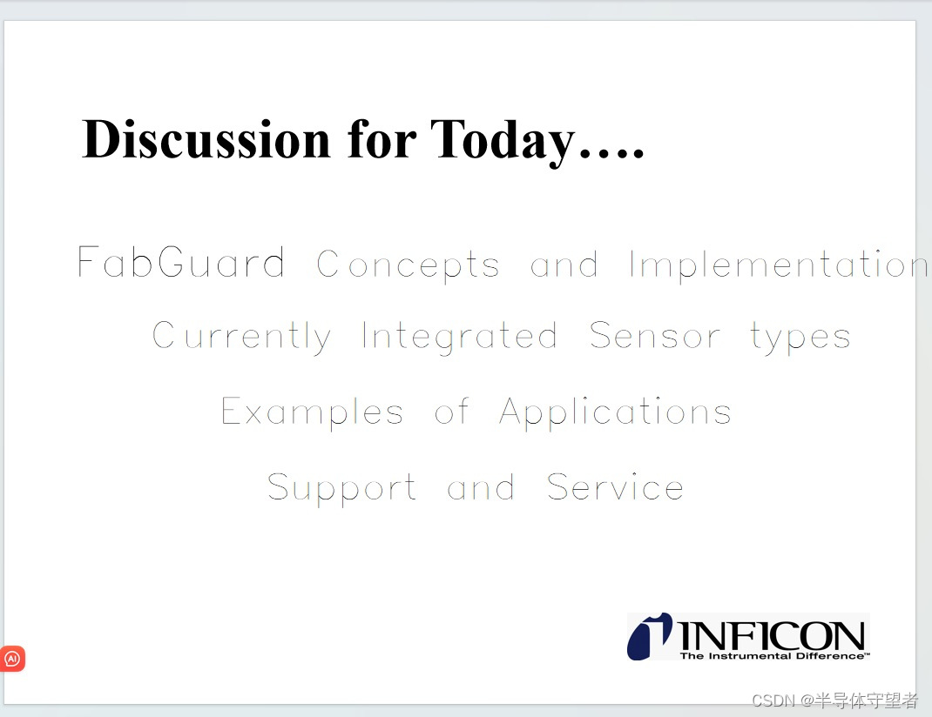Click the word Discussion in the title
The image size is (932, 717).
tap(206, 139)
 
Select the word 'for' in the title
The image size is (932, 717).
tap(382, 139)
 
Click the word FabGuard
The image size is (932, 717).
tap(181, 263)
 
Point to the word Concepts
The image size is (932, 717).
tap(409, 265)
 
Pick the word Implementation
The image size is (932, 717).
tap(778, 265)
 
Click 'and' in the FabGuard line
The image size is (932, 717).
tap(564, 265)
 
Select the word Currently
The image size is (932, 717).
tap(242, 337)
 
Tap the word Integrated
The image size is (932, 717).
tap(459, 337)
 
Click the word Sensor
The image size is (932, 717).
tap(655, 337)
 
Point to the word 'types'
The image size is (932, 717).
tap(800, 338)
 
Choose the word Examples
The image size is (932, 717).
tap(313, 412)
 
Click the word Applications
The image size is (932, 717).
tap(615, 412)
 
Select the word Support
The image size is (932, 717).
tap(342, 489)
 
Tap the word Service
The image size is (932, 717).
tap(615, 487)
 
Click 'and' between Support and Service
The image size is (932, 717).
tap(481, 488)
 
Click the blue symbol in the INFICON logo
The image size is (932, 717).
tap(649, 636)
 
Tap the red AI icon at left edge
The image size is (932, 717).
tap(12, 659)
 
